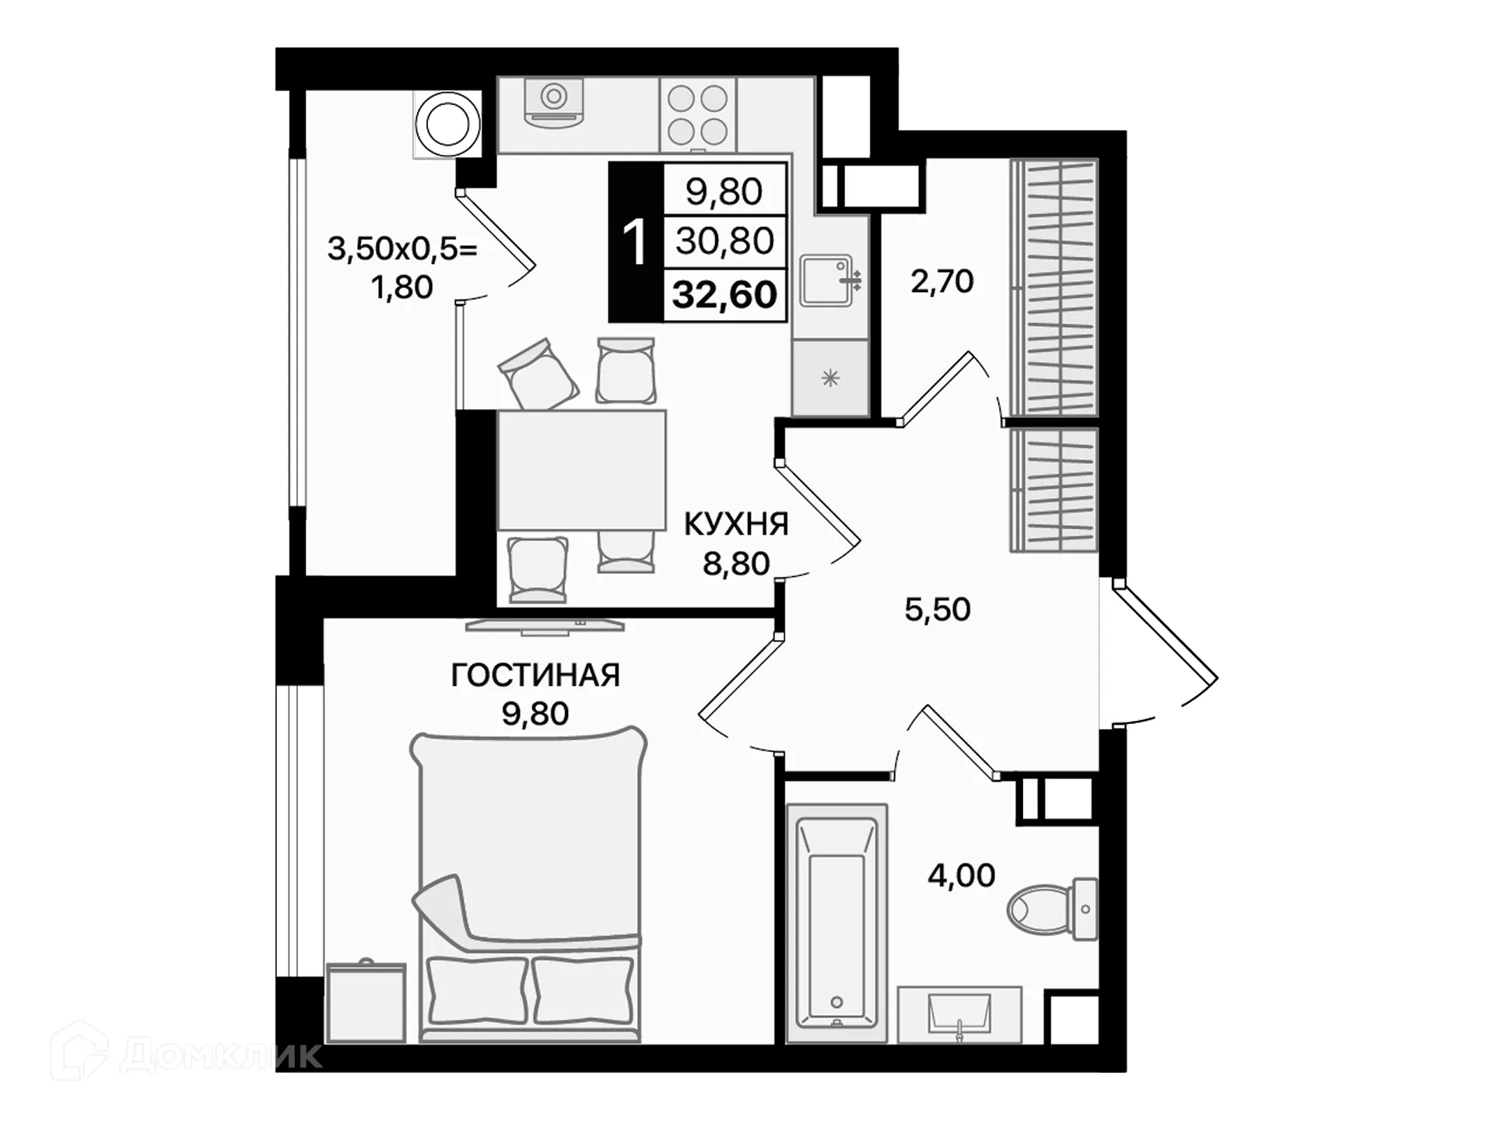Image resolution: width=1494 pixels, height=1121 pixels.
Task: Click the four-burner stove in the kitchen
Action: (x=697, y=114)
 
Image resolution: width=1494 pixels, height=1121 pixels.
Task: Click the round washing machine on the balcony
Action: (x=447, y=125)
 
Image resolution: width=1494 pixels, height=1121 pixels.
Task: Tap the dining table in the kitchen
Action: (x=581, y=470)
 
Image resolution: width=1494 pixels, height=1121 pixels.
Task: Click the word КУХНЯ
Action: (x=736, y=525)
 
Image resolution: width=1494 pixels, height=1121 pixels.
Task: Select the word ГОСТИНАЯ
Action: (x=535, y=675)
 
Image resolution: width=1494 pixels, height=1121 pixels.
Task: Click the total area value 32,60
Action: (x=724, y=295)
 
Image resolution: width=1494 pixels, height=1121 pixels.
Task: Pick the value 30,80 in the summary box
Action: (x=724, y=241)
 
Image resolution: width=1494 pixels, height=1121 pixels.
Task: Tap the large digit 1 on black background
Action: (x=635, y=243)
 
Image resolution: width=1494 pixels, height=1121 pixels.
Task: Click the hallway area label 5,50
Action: (x=937, y=610)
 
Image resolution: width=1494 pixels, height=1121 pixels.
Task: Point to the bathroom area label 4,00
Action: (x=961, y=876)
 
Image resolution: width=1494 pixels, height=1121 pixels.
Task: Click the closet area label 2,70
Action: (x=942, y=281)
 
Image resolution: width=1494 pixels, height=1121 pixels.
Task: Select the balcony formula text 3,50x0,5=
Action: (x=402, y=250)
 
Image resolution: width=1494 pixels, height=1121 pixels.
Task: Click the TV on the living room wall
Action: (x=545, y=624)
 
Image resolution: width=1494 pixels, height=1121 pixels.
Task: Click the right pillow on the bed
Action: (x=583, y=990)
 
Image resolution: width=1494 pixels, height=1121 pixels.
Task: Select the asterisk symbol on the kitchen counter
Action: (x=830, y=379)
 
